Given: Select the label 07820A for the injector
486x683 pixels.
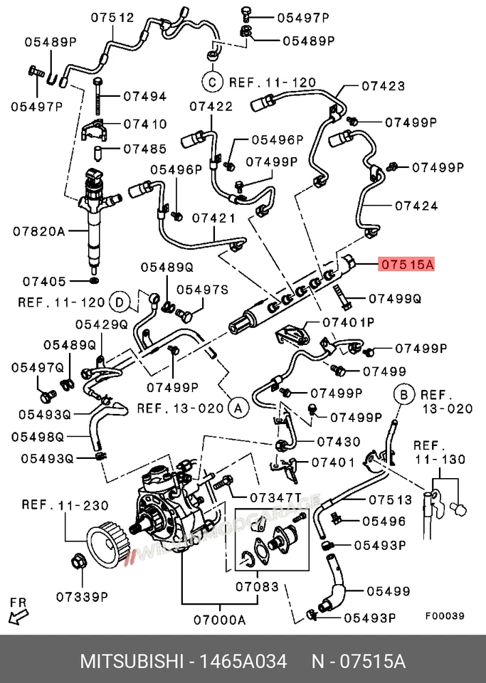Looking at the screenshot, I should [39, 231].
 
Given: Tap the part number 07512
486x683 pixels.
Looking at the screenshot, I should [112, 18].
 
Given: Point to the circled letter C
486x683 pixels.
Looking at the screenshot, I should [211, 82].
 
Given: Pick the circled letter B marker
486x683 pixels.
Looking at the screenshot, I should [403, 393].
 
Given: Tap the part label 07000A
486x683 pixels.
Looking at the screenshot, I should [218, 620].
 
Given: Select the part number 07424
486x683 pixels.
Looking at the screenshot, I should [416, 206].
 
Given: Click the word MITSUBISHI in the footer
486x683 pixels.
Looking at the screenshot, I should [132, 662].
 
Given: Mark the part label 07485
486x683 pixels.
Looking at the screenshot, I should [144, 149].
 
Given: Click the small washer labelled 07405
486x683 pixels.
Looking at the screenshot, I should [94, 273].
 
